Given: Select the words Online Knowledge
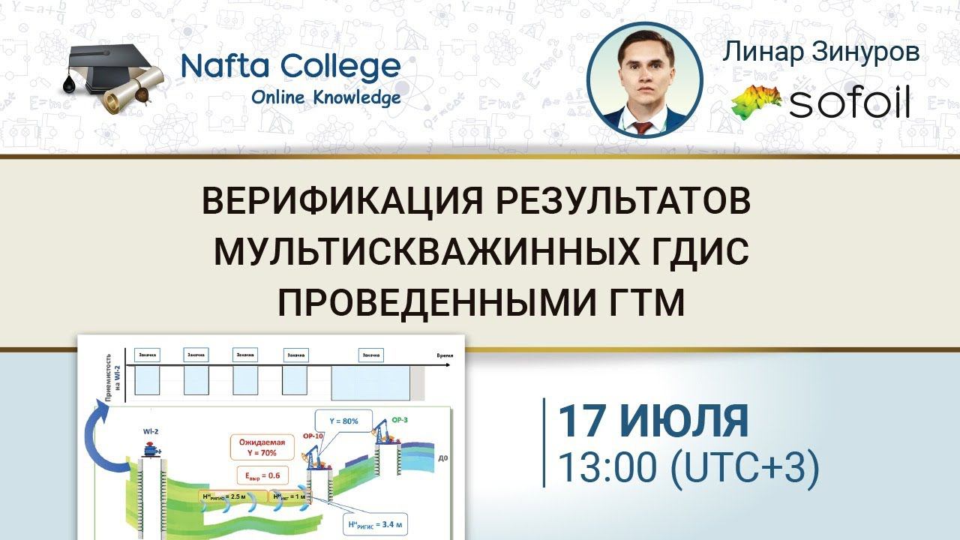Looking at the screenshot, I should (x=325, y=97).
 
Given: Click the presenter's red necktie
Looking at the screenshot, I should (x=643, y=125).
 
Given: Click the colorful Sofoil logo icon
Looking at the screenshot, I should (x=756, y=100).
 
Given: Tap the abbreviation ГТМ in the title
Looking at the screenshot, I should (x=646, y=303).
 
